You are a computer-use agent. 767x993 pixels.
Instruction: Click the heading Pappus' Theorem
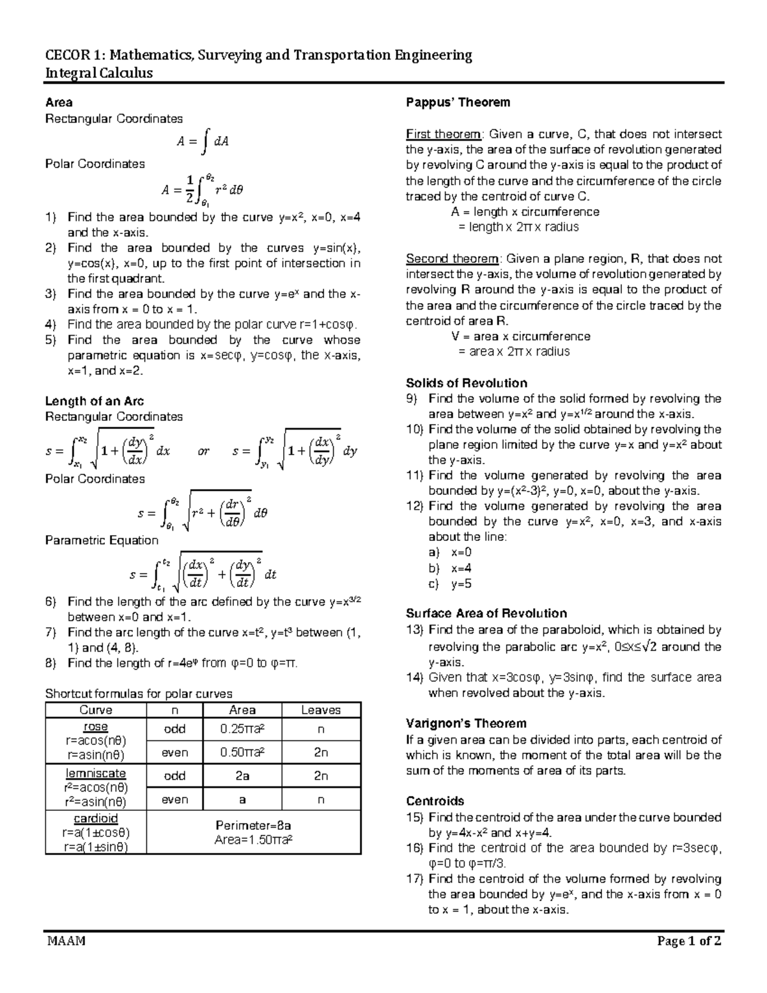(458, 102)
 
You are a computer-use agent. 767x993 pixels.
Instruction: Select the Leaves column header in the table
(321, 710)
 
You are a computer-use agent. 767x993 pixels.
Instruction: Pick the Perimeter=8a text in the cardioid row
(254, 825)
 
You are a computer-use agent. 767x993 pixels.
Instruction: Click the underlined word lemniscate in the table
(95, 774)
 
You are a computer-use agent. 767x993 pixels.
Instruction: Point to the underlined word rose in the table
(95, 727)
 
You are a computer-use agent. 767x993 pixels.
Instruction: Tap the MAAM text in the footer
(65, 941)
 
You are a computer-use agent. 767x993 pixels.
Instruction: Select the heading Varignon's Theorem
(466, 723)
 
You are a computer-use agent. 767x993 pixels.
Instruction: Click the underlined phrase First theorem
(443, 134)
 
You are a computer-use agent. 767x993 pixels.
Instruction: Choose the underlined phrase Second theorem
(452, 259)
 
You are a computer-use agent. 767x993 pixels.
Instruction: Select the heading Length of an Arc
(94, 401)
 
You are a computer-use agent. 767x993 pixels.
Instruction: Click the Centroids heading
(435, 801)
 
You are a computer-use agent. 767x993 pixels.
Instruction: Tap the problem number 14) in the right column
(415, 677)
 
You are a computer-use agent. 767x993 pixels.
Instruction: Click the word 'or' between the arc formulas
(203, 451)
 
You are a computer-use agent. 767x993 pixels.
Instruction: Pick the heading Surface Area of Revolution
(486, 613)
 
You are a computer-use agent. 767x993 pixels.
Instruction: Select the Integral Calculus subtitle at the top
(98, 72)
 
